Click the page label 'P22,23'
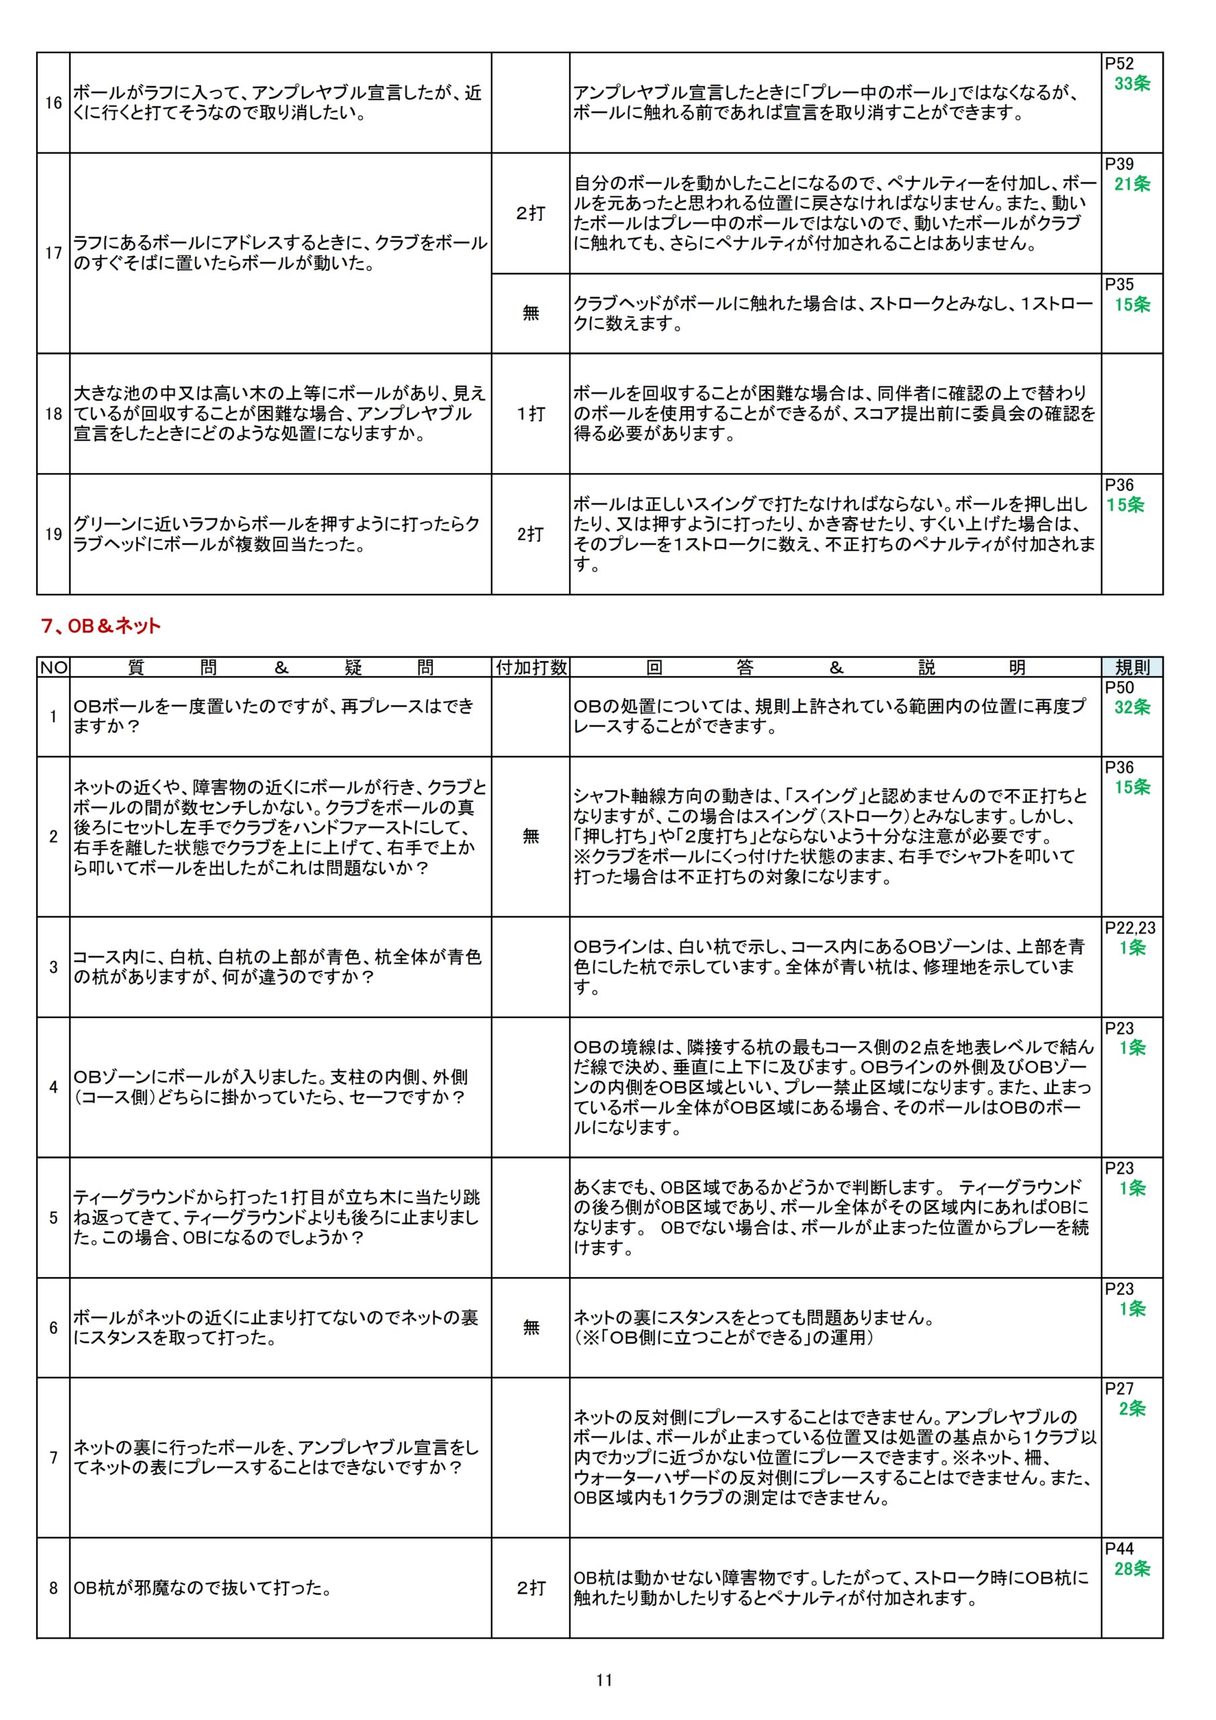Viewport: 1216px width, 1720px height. (x=1130, y=927)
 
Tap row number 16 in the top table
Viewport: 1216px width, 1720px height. (x=53, y=103)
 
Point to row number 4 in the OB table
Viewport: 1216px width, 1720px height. (x=53, y=1087)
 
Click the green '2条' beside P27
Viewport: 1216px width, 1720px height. (x=1132, y=1408)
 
